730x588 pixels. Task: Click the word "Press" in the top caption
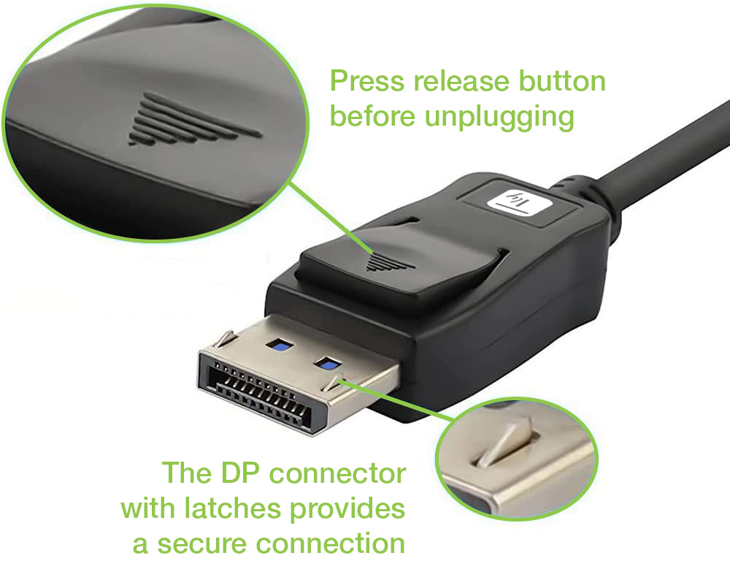(367, 81)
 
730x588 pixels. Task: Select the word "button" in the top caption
(562, 81)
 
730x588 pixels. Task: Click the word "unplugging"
(499, 118)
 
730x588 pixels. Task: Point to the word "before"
(372, 116)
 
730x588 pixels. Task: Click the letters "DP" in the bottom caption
(239, 473)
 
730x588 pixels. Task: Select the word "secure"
(201, 543)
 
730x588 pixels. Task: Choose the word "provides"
(347, 509)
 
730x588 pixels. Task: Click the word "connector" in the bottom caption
(337, 473)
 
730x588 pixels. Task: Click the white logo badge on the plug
(518, 203)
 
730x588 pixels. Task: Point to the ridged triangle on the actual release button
(390, 263)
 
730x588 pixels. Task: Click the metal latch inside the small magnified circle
(504, 440)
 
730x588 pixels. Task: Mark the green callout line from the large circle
(331, 218)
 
